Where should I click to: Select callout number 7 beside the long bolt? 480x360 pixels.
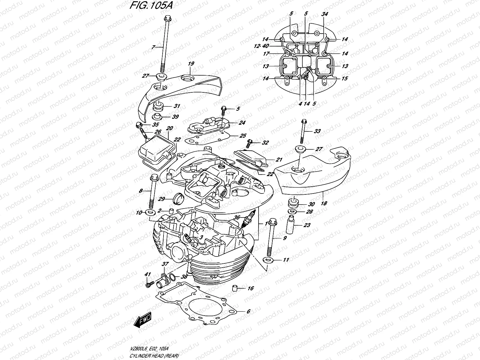(153, 47)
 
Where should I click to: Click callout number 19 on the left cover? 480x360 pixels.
(191, 64)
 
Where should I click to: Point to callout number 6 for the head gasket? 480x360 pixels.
(248, 311)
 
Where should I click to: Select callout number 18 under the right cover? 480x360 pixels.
(324, 203)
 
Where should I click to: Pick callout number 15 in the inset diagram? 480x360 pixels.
(345, 78)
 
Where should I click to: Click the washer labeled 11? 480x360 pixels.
(268, 259)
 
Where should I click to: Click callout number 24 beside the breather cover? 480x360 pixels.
(242, 123)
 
